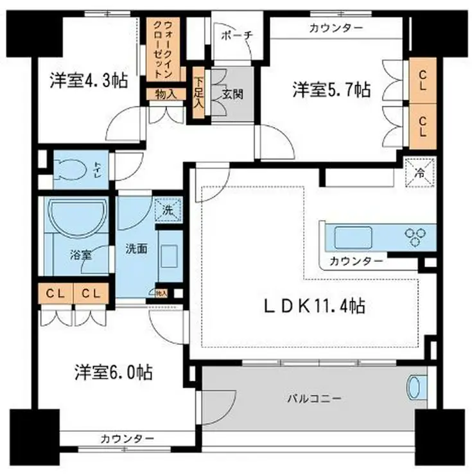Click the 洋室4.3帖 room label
88,81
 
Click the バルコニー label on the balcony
314,398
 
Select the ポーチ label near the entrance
232,35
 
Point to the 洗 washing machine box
168,208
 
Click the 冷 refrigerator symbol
419,172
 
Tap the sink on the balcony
414,388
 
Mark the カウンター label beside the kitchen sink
356,261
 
